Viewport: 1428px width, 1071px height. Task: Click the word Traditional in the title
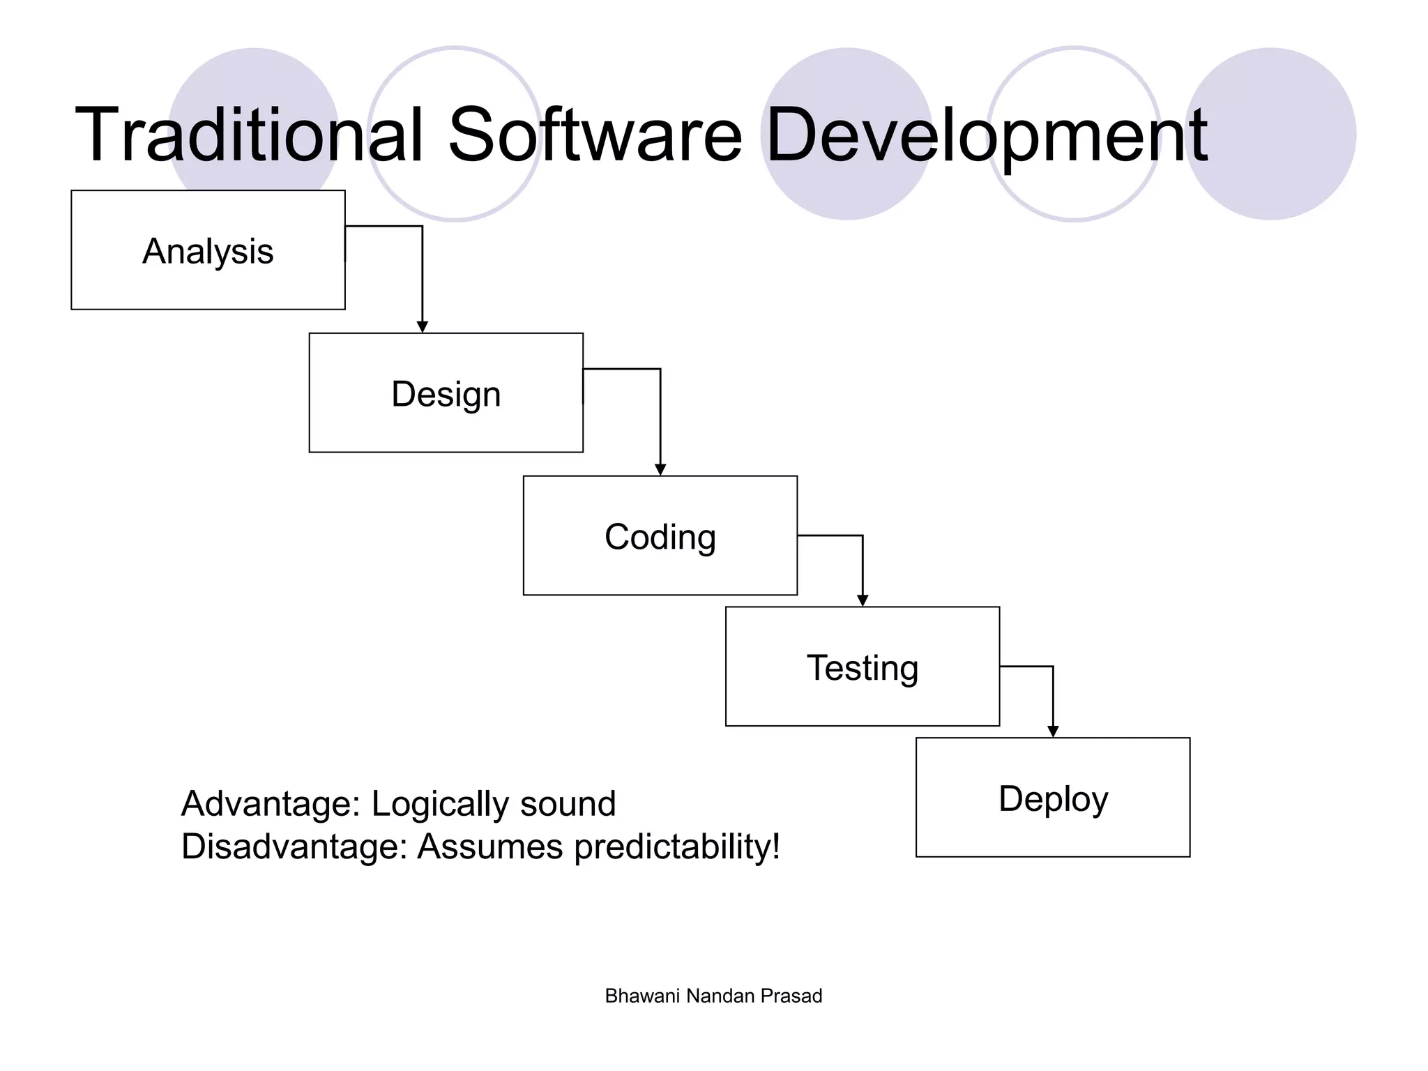pos(250,135)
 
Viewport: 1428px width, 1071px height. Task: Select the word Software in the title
pos(595,135)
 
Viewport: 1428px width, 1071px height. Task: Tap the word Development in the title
pos(986,137)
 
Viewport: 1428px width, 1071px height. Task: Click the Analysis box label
pos(208,251)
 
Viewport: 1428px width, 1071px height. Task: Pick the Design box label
pos(446,394)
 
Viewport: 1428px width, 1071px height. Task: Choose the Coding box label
pos(660,537)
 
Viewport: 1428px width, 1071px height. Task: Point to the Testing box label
pos(862,668)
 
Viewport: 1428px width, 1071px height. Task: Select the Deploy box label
pos(1053,799)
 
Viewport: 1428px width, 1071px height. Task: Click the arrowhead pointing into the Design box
pos(422,327)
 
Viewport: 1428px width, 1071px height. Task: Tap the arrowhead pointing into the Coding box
pos(660,470)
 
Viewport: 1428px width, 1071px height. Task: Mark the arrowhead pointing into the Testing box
pos(863,601)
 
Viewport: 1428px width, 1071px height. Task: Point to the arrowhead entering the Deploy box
pos(1053,731)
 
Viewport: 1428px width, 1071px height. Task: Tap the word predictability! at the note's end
pos(676,848)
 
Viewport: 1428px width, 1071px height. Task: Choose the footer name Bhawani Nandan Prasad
pos(713,996)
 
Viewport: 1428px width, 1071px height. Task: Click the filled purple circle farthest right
pos(1270,134)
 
